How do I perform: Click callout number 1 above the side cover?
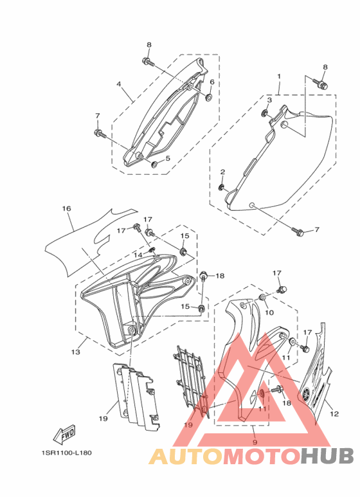[x=279, y=77]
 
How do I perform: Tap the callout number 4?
[x=118, y=84]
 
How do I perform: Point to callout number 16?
[x=67, y=208]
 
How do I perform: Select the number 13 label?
[x=76, y=352]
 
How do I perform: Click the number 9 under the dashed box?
[x=255, y=442]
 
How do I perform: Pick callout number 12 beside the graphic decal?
[x=334, y=413]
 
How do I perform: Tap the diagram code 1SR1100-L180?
[x=66, y=453]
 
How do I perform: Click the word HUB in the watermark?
[x=327, y=456]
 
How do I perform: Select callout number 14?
[x=138, y=255]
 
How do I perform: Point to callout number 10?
[x=269, y=312]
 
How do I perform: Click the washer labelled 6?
[x=209, y=96]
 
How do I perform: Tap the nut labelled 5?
[x=155, y=164]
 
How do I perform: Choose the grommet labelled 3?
[x=264, y=113]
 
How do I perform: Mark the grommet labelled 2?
[x=222, y=187]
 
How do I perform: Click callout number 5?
[x=168, y=158]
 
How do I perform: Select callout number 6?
[x=212, y=82]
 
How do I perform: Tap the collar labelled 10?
[x=263, y=297]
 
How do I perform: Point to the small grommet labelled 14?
[x=152, y=251]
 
